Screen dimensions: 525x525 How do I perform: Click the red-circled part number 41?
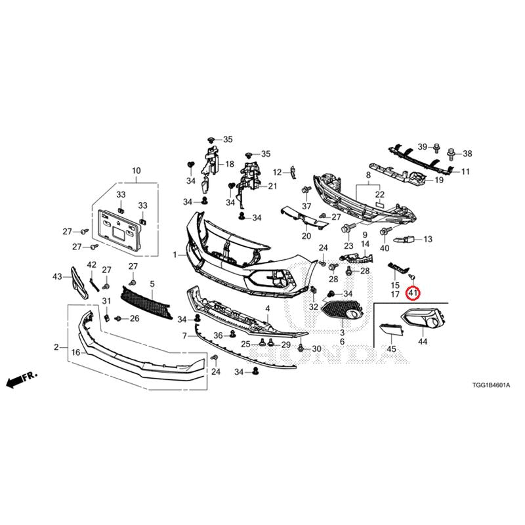(x=413, y=293)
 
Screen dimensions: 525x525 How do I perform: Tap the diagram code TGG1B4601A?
(x=491, y=385)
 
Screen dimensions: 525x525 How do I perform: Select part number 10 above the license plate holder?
(x=136, y=171)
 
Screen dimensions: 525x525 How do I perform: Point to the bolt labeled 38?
(x=451, y=154)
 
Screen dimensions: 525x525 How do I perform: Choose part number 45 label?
(x=391, y=349)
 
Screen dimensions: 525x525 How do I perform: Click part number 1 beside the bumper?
(x=175, y=255)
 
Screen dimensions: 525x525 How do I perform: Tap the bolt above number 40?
(x=385, y=231)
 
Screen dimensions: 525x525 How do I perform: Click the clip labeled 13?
(x=404, y=240)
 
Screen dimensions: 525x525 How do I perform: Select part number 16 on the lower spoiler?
(x=75, y=352)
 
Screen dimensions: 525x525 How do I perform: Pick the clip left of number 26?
(x=118, y=318)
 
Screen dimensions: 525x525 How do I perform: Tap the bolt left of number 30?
(x=301, y=349)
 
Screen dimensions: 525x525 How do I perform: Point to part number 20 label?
(x=306, y=236)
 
